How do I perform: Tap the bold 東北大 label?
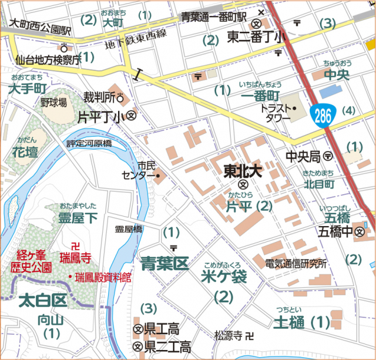[x=242, y=170]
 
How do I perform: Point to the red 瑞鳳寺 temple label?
[x=78, y=256]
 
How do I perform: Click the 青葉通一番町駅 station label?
[x=221, y=16]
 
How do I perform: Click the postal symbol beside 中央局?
[x=327, y=157]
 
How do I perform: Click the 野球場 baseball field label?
[x=53, y=102]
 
